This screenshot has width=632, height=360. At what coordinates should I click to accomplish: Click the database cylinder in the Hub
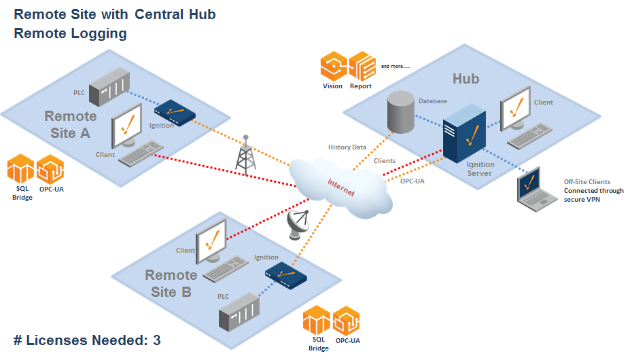click(400, 111)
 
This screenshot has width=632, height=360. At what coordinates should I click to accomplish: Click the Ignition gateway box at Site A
click(175, 110)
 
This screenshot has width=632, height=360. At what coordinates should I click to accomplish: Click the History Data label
click(347, 147)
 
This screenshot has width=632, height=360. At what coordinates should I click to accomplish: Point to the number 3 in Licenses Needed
click(157, 340)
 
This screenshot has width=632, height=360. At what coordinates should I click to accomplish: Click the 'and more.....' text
click(395, 67)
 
